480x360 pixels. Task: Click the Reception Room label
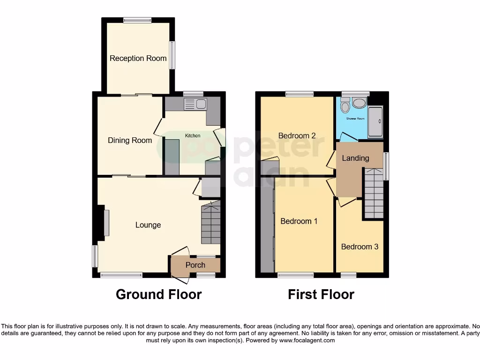point(138,59)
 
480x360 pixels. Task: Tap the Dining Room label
point(130,140)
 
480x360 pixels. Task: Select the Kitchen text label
point(192,135)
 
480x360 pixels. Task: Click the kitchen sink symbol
point(195,104)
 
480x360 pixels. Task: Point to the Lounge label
point(148,225)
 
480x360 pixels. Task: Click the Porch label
point(195,265)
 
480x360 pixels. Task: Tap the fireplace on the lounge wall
point(106,223)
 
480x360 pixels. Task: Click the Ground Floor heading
point(158,294)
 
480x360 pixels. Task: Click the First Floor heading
point(321,294)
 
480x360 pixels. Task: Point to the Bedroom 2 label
point(297,136)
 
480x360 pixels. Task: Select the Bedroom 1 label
point(299,221)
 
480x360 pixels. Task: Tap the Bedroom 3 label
point(360,247)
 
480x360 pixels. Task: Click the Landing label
point(355,158)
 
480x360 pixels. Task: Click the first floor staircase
point(374,195)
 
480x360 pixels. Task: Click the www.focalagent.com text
point(307,340)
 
